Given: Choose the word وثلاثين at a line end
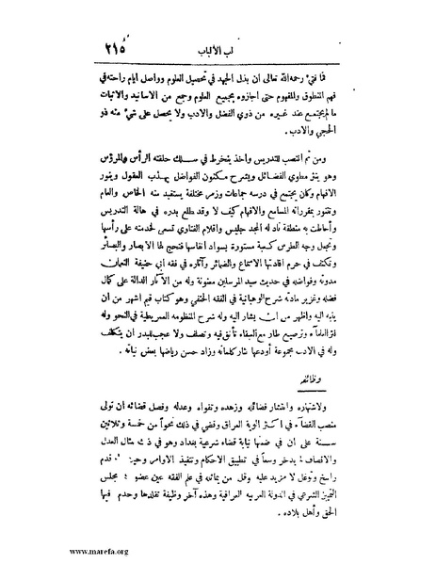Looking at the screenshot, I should (x=91, y=417).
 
